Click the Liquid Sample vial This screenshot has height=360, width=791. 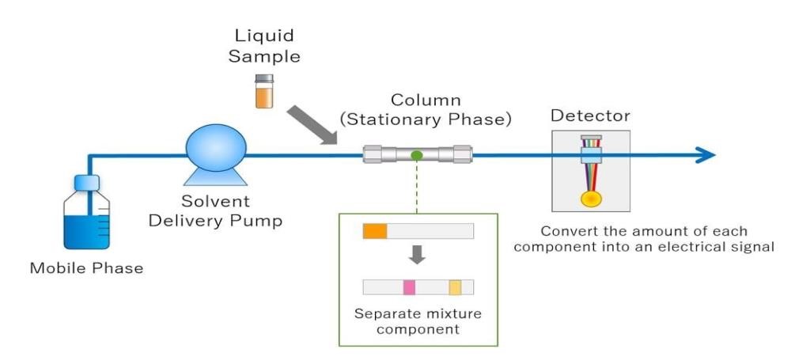(263, 92)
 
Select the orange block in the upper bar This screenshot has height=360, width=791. (375, 231)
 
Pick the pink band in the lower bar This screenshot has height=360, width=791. (409, 287)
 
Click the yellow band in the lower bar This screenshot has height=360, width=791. (455, 287)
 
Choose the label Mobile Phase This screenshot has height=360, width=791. (87, 269)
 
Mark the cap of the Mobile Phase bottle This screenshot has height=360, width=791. (86, 182)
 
